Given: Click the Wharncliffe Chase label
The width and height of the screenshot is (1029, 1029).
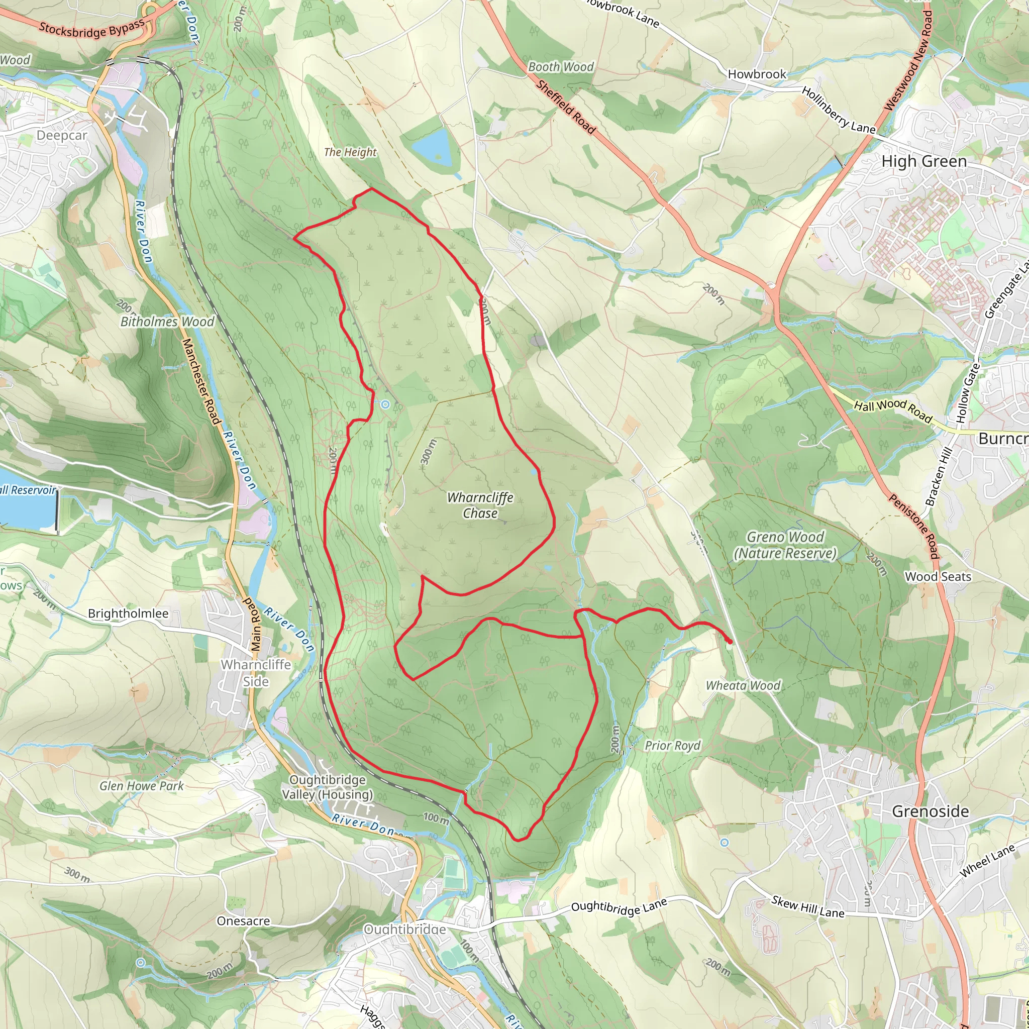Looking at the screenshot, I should click(480, 505).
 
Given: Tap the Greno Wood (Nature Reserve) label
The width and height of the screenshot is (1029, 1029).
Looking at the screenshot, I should click(785, 545).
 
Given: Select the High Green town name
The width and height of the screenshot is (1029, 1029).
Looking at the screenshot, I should click(923, 161).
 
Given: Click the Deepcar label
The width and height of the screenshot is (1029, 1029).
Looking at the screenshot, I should click(62, 135).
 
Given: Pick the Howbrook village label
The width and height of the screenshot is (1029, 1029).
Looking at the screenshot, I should click(756, 74).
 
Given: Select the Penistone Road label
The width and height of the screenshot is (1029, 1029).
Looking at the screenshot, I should click(913, 526).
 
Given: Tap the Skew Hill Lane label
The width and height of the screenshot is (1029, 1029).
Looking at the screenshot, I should click(807, 907).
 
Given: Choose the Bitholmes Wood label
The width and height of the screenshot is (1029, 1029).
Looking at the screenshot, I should click(167, 322).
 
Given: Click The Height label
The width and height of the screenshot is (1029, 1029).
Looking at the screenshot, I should click(350, 152).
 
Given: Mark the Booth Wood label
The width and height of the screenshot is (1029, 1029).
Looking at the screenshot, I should click(560, 67).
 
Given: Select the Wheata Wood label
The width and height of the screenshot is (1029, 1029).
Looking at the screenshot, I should click(743, 685).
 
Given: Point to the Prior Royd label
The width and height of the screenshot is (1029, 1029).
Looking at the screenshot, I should click(672, 745).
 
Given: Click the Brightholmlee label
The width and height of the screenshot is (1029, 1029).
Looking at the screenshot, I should click(128, 613).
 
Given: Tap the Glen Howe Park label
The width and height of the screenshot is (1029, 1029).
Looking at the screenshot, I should click(141, 786).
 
